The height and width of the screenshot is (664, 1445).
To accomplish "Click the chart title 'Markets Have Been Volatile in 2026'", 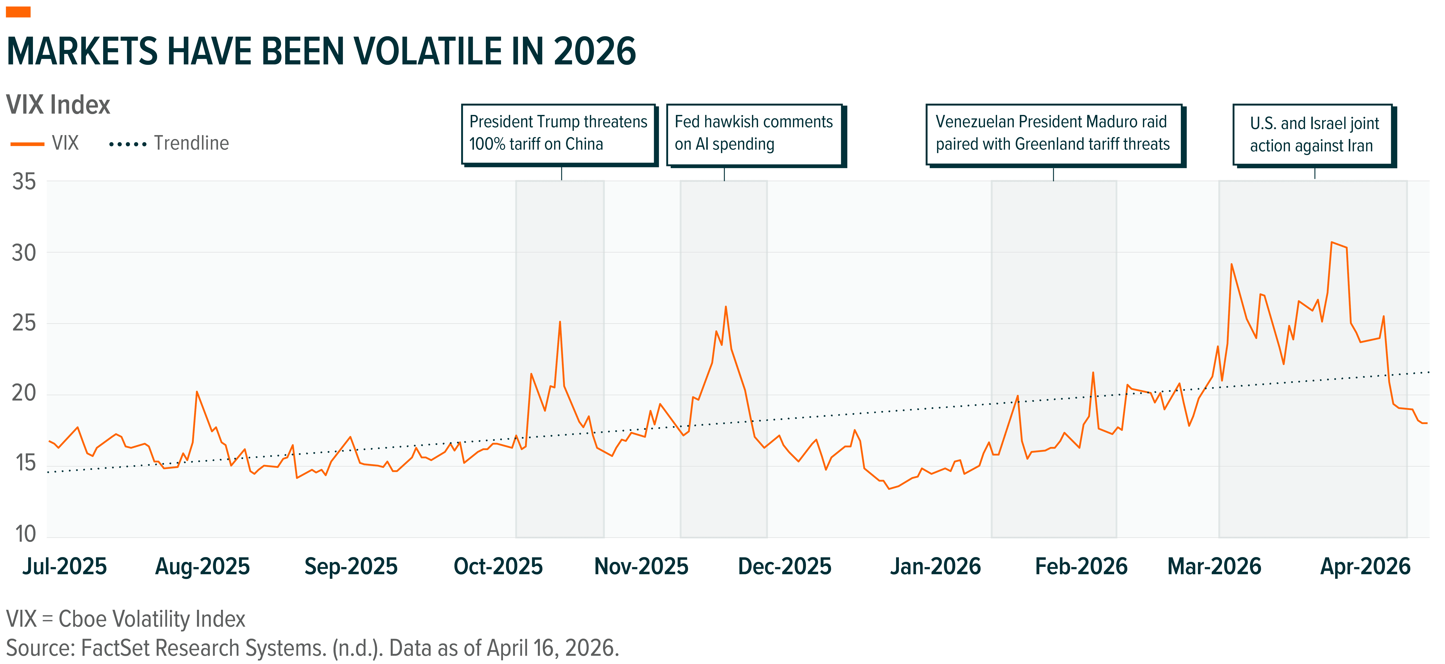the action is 321,52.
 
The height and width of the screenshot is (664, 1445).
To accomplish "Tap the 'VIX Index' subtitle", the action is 58,105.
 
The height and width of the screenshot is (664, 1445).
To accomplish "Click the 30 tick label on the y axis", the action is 24,253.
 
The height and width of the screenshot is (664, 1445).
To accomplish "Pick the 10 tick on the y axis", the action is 25,534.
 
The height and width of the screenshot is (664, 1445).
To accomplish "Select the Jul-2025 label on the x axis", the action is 65,566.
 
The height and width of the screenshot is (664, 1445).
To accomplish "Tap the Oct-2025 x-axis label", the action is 498,566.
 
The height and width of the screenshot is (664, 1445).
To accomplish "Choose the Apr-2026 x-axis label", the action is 1365,566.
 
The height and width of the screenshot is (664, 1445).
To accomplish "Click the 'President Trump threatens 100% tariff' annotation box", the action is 559,135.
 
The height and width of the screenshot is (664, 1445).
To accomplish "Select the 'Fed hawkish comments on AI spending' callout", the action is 756,135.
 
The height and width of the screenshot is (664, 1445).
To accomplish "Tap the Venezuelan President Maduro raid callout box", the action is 1054,135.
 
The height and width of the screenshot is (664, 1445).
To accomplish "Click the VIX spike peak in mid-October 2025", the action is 560,322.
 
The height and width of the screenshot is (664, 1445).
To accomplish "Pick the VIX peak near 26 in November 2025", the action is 726,306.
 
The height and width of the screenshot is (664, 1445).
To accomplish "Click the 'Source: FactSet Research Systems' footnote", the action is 312,648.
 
